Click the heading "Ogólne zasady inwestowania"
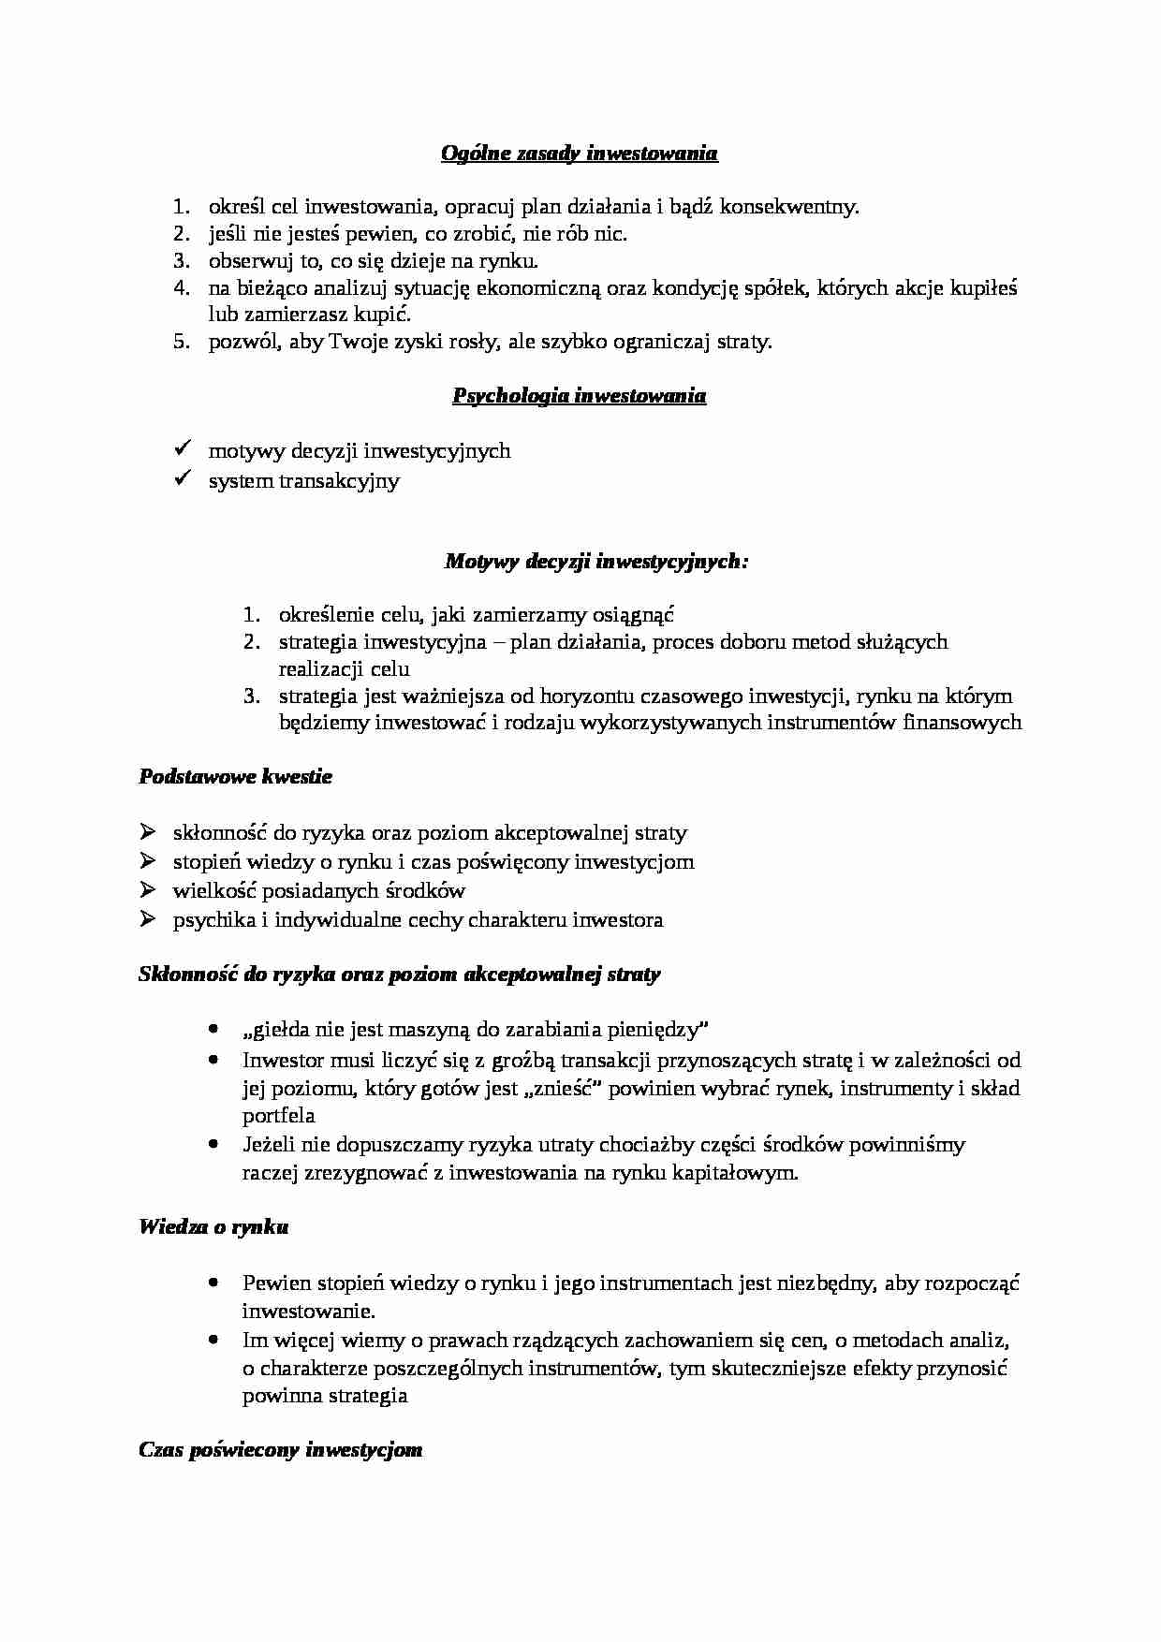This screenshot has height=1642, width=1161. click(579, 154)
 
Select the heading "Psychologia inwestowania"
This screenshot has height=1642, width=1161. click(579, 396)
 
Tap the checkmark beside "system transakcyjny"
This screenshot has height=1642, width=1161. click(183, 479)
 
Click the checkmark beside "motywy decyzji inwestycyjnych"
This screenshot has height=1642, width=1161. click(183, 449)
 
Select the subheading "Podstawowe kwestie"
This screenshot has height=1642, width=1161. click(235, 777)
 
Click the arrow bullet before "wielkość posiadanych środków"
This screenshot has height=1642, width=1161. click(147, 889)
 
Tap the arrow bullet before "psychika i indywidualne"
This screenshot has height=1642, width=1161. click(147, 919)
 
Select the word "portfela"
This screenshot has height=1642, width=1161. click(278, 1116)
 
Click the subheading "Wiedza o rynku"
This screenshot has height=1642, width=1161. click(213, 1226)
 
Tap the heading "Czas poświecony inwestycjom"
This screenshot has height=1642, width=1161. click(280, 1450)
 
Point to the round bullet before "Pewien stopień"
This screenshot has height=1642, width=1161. click(215, 1282)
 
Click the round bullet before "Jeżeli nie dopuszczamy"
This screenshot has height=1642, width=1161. click(215, 1144)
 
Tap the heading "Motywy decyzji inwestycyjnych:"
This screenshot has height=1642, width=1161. click(596, 562)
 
